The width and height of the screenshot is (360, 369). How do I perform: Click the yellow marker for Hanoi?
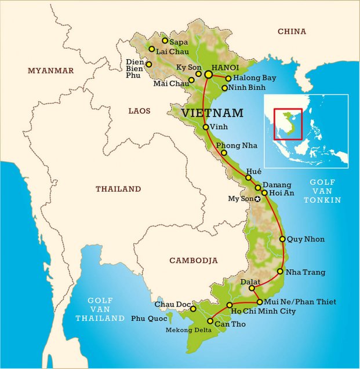[x=208, y=75]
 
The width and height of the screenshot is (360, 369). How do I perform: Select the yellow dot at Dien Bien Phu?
[x=149, y=64]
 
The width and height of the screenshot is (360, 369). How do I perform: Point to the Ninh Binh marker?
[x=224, y=88]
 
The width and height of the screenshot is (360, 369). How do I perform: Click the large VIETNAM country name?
[x=212, y=112]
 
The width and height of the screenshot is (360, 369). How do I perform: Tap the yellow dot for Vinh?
[x=206, y=127]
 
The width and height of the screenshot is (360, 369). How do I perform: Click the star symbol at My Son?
[x=258, y=199]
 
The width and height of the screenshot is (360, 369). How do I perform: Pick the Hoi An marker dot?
[x=264, y=193]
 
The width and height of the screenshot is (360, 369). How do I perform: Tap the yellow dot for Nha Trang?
[x=280, y=272]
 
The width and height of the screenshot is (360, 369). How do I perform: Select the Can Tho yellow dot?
[x=210, y=321]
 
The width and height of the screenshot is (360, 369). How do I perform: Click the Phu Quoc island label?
[x=148, y=318]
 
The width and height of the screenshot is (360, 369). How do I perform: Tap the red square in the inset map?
[x=288, y=124]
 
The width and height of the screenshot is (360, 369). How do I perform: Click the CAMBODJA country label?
[x=194, y=261]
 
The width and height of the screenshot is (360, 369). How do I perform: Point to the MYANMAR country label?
[x=51, y=71]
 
